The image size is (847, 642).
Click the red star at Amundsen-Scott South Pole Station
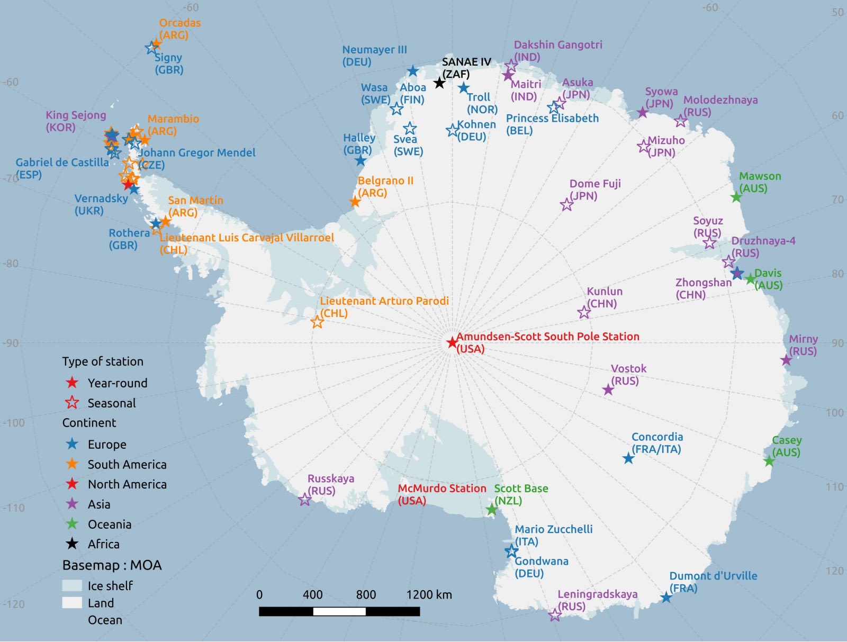(x=452, y=343)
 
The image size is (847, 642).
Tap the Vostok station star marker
(x=608, y=390)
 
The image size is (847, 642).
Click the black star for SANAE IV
(x=439, y=83)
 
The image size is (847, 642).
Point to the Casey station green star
(x=769, y=462)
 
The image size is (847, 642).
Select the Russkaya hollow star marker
(x=304, y=500)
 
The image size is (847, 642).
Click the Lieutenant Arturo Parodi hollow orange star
(x=317, y=322)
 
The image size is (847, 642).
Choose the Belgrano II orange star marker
(x=355, y=202)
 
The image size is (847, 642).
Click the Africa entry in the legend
(x=104, y=544)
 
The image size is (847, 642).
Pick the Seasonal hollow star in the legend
(x=72, y=403)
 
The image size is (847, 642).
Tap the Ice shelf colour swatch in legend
(x=72, y=585)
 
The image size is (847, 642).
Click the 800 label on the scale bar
(x=366, y=595)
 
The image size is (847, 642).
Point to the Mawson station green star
(x=736, y=197)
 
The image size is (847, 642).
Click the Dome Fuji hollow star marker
(x=566, y=204)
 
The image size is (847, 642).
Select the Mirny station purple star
(x=786, y=360)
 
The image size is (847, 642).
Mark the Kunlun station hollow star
(x=584, y=312)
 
